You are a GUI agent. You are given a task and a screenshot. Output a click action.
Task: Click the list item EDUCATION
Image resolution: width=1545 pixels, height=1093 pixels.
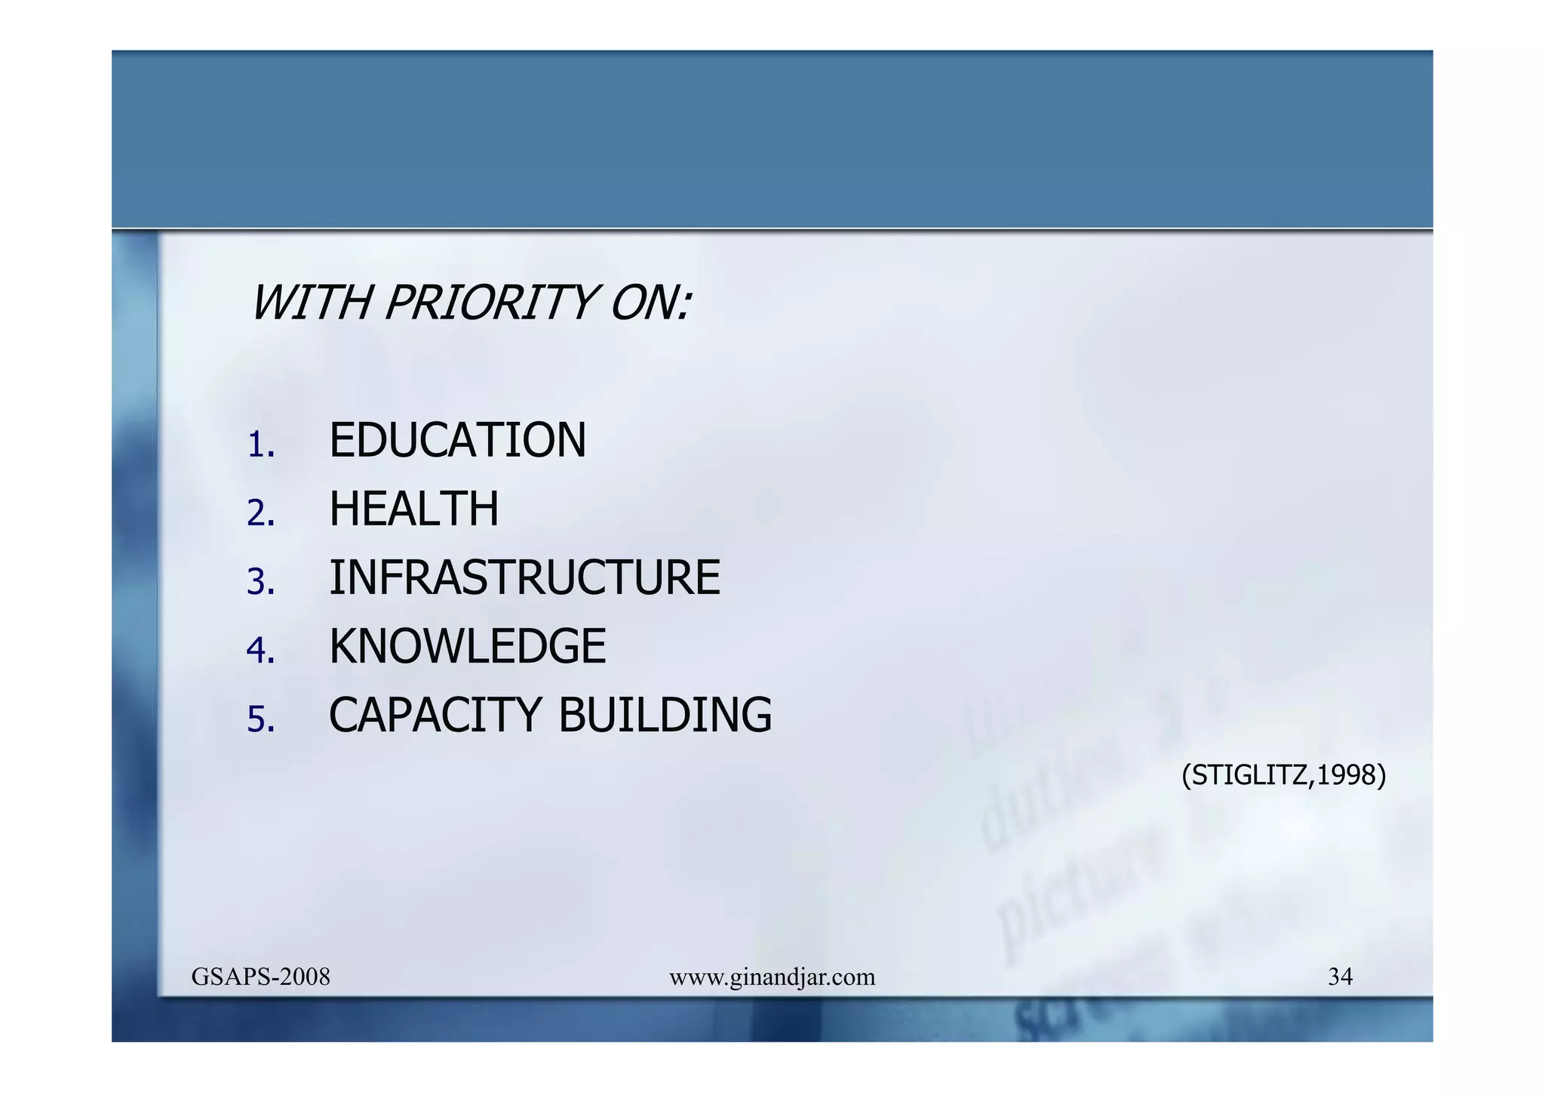457,441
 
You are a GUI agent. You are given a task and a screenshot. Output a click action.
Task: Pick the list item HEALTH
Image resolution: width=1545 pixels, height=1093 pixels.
413,510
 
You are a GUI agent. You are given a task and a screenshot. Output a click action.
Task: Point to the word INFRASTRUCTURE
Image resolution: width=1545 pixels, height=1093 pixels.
524,578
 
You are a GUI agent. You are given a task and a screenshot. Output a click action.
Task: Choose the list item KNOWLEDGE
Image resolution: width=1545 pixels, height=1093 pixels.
467,647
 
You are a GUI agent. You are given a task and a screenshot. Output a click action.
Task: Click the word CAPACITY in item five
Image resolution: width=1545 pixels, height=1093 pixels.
435,716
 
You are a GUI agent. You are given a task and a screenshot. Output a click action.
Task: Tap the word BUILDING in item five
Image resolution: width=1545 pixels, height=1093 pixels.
665,716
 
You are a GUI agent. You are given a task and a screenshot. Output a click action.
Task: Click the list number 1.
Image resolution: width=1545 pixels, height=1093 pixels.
260,445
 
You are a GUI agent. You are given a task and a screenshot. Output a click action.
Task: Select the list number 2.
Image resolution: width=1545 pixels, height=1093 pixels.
260,514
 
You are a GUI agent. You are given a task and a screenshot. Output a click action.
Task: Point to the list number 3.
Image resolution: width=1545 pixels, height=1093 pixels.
260,583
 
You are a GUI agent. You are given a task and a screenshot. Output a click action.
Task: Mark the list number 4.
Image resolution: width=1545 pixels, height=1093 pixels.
260,651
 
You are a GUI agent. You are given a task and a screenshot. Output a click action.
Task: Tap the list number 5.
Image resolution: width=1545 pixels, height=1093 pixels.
260,720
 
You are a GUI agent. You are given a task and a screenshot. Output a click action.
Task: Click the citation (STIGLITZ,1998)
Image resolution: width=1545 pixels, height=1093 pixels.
1283,775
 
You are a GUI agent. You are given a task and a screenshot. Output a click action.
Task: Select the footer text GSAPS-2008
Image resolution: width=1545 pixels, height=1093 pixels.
260,977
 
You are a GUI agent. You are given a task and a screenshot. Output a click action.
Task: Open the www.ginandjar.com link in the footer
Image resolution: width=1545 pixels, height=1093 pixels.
772,978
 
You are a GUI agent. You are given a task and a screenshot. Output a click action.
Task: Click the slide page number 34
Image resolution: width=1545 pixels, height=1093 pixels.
1340,977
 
